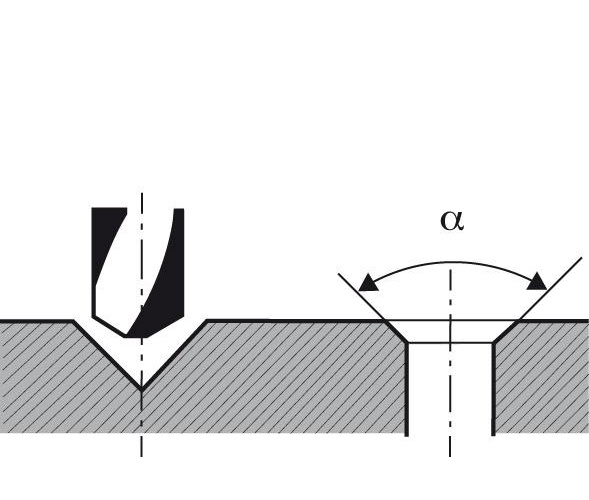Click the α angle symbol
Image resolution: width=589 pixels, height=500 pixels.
(452, 220)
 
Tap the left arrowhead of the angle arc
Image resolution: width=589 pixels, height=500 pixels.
(368, 283)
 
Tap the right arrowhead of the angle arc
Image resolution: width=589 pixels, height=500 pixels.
(536, 282)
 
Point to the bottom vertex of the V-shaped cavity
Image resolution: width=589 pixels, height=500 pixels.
(141, 389)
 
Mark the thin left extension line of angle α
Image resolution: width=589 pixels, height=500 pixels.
(362, 297)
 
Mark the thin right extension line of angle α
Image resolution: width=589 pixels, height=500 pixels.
(551, 289)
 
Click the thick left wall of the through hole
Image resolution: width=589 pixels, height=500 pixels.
(406, 389)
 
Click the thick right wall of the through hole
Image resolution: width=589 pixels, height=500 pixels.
(493, 389)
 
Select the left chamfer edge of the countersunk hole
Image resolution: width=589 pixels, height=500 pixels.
(397, 332)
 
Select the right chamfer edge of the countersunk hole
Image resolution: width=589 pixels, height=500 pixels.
(506, 331)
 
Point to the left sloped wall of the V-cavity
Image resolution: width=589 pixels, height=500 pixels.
(107, 355)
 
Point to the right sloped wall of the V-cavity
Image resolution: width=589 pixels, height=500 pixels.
(174, 355)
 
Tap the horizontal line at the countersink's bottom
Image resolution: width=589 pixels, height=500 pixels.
(450, 343)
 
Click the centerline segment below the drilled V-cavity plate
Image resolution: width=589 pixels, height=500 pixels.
(141, 445)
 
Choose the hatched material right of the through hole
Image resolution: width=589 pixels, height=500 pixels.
(542, 378)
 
